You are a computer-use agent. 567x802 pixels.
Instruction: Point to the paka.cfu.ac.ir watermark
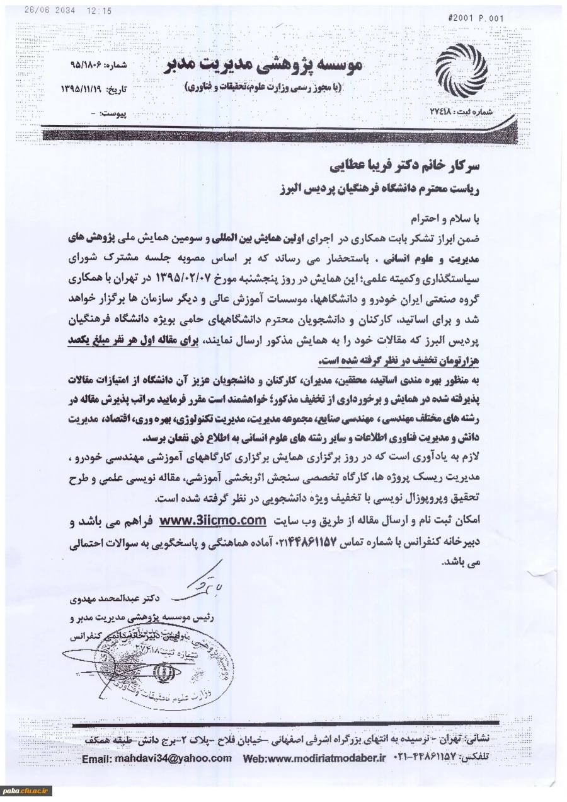26,790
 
